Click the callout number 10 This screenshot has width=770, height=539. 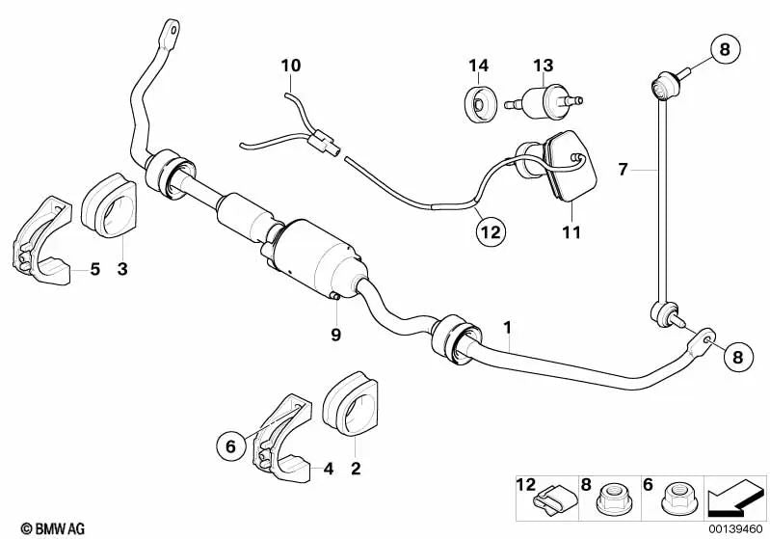291,66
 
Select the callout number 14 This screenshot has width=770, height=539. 479,66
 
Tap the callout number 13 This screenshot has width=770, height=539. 544,66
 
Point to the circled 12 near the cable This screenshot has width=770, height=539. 491,231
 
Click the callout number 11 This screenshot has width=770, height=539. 571,232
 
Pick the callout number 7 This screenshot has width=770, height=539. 624,170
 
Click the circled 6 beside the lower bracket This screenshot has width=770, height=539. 230,446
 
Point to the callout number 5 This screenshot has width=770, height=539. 95,269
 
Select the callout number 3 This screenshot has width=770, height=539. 121,269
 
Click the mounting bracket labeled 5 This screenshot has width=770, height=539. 44,241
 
